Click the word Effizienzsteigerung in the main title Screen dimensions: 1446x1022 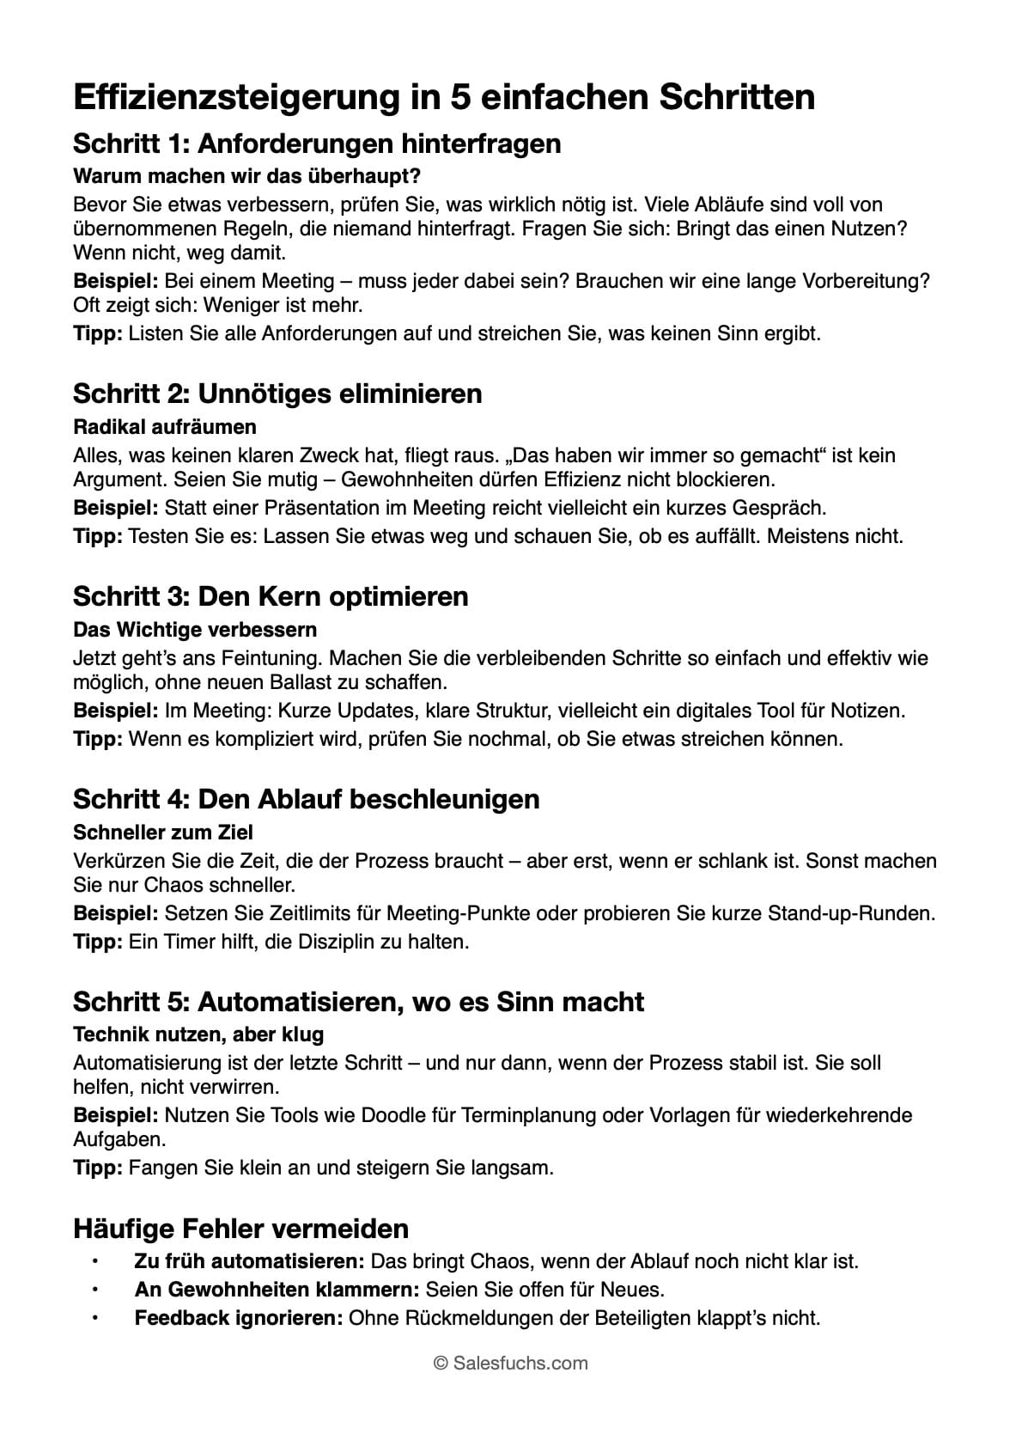(232, 97)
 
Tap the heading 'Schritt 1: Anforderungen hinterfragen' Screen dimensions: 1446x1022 (317, 143)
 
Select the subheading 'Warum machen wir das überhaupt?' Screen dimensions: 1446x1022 (246, 176)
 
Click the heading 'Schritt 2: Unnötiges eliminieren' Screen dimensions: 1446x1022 (277, 394)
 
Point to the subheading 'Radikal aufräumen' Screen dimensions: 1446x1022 (165, 427)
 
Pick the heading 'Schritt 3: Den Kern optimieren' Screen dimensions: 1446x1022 (271, 596)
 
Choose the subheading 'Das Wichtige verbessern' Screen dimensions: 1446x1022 (195, 630)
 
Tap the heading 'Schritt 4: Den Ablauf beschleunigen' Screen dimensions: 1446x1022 (307, 799)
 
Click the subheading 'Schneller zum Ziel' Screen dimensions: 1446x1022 (163, 833)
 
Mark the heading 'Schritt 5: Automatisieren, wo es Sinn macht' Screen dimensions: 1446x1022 (358, 1002)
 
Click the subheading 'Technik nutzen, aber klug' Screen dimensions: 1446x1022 (198, 1034)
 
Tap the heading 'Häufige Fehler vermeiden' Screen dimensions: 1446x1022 (240, 1229)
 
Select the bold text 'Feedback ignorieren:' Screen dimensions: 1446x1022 (239, 1317)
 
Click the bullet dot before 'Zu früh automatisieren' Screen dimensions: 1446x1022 (95, 1261)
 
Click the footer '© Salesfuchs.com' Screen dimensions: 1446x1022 (511, 1363)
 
